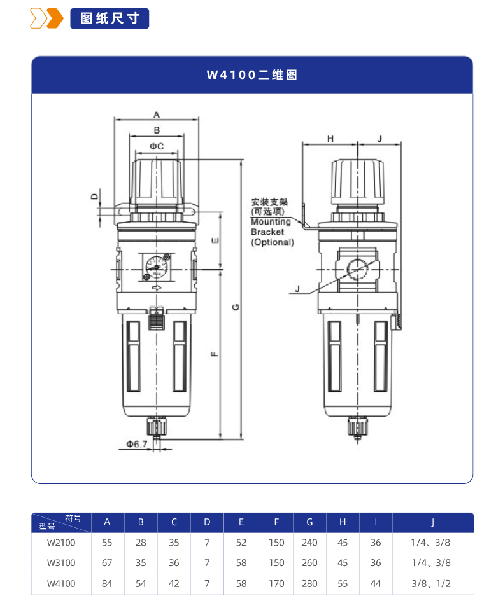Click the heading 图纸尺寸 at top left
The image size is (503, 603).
pyautogui.click(x=110, y=18)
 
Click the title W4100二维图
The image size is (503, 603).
pyautogui.click(x=251, y=75)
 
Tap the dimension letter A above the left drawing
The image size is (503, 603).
pyautogui.click(x=157, y=114)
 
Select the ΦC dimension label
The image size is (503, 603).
pyautogui.click(x=157, y=146)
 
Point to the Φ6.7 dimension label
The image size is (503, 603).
pyautogui.click(x=136, y=443)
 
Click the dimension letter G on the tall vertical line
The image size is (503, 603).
pyautogui.click(x=236, y=307)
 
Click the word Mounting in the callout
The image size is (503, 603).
pyautogui.click(x=270, y=222)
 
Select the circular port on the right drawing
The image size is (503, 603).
pyautogui.click(x=357, y=270)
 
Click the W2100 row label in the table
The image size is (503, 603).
pyautogui.click(x=61, y=543)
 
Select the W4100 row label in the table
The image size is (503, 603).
pyautogui.click(x=61, y=583)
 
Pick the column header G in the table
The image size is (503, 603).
pyautogui.click(x=309, y=523)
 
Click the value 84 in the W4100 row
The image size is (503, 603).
pyautogui.click(x=107, y=583)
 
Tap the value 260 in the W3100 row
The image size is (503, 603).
pyautogui.click(x=309, y=563)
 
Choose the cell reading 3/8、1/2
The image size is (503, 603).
pyautogui.click(x=432, y=583)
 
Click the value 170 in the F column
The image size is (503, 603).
pyautogui.click(x=276, y=583)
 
